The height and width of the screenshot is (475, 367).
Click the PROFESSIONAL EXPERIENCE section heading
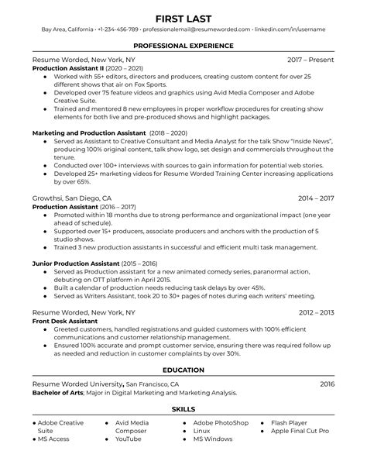click(183, 46)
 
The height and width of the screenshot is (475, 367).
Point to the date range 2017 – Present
click(310, 60)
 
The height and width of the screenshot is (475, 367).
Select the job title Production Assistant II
click(70, 68)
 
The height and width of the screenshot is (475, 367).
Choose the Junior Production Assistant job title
click(75, 263)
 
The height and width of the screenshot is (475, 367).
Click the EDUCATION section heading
click(183, 370)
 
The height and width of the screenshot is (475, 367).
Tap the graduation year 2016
click(326, 384)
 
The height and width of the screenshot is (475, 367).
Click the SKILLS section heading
click(183, 408)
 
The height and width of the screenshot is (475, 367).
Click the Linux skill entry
click(202, 431)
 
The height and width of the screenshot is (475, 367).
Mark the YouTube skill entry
click(129, 439)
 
